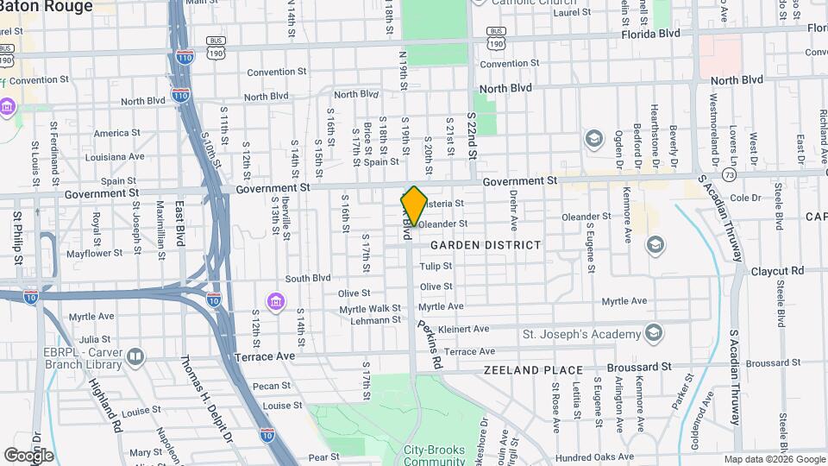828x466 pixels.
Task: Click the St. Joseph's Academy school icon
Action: coord(654,334)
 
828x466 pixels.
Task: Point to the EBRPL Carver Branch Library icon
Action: coord(135,356)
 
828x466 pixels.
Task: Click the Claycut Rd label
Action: coord(776,270)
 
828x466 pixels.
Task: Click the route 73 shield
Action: coord(730,174)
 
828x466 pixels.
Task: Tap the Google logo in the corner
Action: coord(28,455)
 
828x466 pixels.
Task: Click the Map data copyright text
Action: coord(774,459)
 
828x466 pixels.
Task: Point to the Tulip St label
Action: coord(436,267)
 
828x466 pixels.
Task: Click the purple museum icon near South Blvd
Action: coord(275,301)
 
